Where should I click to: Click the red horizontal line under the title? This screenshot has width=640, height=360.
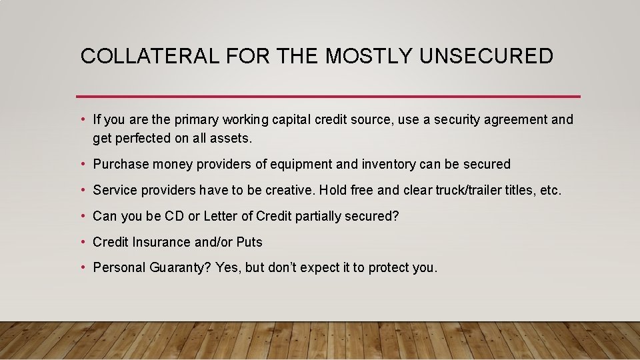click(x=328, y=96)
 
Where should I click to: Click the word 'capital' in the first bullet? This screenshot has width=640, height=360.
click(x=291, y=120)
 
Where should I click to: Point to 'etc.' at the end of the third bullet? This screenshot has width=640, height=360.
click(x=551, y=190)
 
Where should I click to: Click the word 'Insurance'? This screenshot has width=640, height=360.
click(x=163, y=242)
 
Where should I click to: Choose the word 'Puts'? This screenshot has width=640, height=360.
click(x=249, y=242)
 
